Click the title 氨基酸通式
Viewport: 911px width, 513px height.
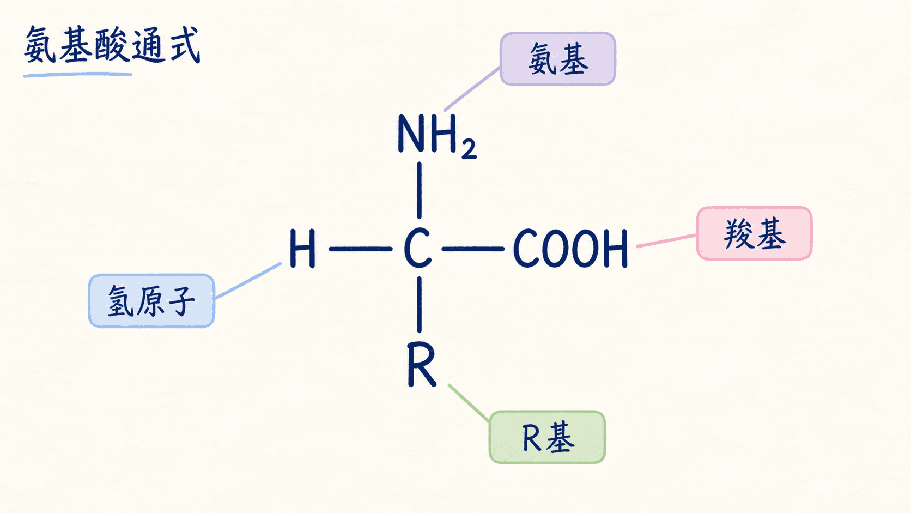click(112, 45)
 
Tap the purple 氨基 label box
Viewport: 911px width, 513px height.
click(557, 59)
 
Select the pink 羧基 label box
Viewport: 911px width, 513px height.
click(755, 233)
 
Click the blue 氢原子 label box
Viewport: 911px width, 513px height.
click(151, 300)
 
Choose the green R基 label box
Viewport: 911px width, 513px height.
click(548, 437)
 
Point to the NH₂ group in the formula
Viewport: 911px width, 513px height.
click(437, 136)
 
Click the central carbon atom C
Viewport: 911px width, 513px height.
click(418, 248)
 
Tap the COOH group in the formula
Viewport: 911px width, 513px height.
click(570, 248)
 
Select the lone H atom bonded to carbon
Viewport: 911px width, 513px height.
click(302, 248)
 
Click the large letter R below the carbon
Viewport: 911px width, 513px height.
click(422, 365)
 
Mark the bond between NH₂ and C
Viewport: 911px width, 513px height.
click(420, 190)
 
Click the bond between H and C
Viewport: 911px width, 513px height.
click(360, 249)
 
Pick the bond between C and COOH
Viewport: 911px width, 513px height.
click(473, 249)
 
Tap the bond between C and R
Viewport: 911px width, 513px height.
click(420, 304)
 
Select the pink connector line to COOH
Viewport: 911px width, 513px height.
click(666, 240)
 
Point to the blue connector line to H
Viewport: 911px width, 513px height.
click(248, 281)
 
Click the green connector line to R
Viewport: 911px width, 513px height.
click(469, 403)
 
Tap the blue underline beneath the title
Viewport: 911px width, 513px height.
click(78, 75)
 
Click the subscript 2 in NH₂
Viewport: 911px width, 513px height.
click(469, 149)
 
